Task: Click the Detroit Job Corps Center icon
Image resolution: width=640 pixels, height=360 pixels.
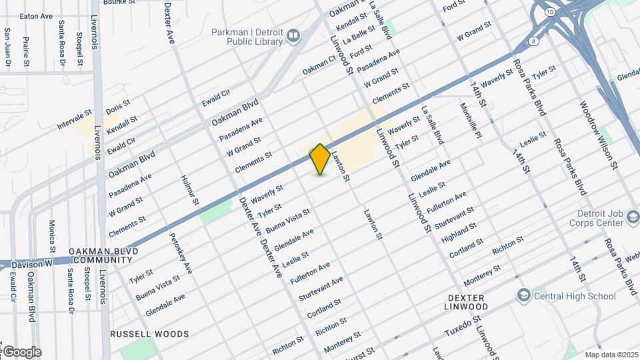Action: [631, 218]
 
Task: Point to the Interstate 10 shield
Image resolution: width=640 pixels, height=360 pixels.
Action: [549, 12]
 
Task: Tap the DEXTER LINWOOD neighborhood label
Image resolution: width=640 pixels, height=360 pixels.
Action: [467, 301]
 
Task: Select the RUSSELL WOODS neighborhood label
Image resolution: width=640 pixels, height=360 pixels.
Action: [149, 334]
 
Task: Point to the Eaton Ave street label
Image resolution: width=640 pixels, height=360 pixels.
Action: [36, 16]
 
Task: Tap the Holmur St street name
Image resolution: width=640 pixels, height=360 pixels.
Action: [191, 190]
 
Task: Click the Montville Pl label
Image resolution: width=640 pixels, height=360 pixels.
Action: [470, 117]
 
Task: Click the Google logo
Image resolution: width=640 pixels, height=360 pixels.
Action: [21, 351]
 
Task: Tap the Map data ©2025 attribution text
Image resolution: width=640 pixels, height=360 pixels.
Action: [611, 354]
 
